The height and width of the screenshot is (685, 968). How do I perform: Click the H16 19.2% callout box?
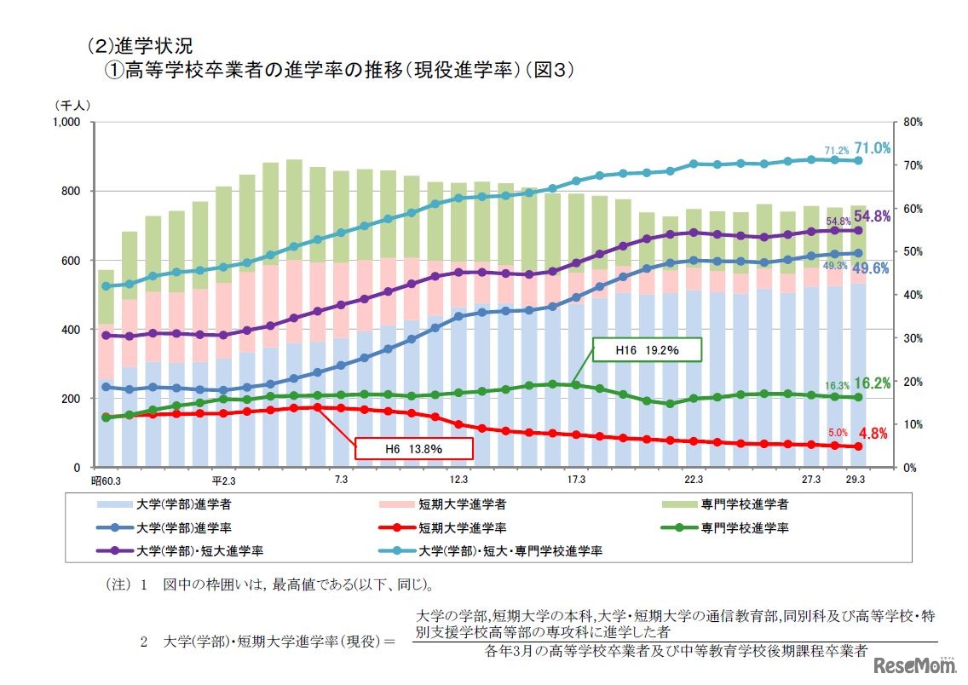point(647,349)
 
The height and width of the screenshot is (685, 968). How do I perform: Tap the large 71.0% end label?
point(873,148)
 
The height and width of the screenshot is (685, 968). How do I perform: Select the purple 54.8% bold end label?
point(873,216)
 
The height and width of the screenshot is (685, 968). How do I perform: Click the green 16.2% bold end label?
point(873,383)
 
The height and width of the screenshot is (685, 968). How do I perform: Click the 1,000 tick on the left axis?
point(66,122)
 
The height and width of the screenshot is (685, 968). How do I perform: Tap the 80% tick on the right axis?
point(911,122)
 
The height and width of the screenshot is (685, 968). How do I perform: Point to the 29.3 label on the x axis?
point(856,481)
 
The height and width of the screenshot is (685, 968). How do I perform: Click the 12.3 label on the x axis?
point(459,481)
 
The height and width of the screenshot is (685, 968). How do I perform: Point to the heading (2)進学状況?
point(144,45)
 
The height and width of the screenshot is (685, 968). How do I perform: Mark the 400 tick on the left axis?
point(71,329)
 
